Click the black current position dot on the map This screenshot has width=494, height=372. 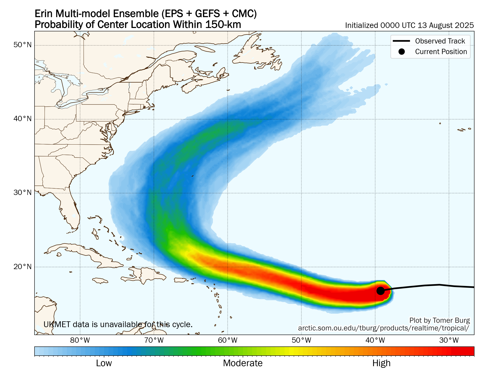coord(380,291)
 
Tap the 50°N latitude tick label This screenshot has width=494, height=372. coord(22,45)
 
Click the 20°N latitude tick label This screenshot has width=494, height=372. coord(22,267)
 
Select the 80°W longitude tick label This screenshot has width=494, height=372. coord(80,340)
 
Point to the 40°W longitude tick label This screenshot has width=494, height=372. coord(375,340)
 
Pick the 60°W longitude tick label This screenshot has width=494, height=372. coord(228,340)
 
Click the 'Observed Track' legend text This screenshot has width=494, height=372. coord(440,41)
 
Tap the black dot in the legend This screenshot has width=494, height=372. coord(402,52)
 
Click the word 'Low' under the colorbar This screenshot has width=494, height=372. coord(104,363)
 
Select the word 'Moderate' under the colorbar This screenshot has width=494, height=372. coord(243,363)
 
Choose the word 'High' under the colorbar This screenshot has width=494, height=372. coord(381,363)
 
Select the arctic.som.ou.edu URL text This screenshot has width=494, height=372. coord(383,328)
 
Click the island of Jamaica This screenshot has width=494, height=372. coord(100,281)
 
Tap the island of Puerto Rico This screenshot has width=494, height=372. coord(180,280)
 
